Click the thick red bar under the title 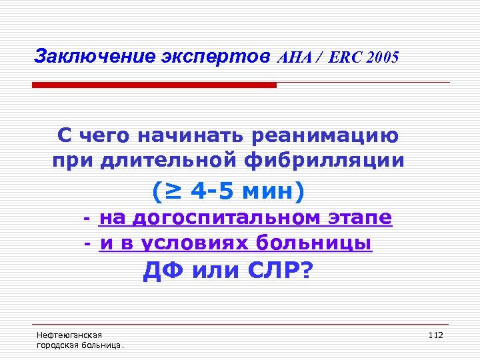[x=154, y=85]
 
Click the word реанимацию [x=325, y=136]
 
